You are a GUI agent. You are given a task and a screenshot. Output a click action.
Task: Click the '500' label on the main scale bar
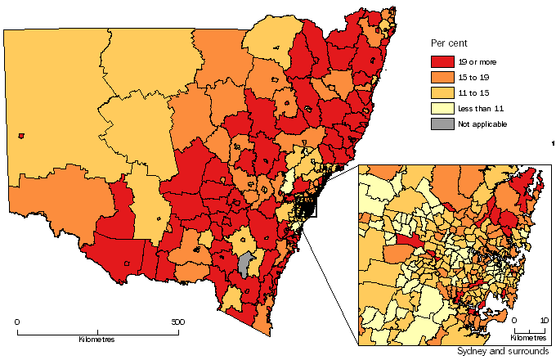[x=177, y=322]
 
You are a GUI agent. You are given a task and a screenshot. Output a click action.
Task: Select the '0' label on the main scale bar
[x=18, y=322]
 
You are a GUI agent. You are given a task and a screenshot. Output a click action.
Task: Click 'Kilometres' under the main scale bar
[x=96, y=339]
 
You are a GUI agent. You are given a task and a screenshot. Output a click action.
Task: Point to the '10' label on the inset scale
[x=544, y=321]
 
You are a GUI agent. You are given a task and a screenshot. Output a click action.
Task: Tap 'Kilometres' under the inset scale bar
[x=528, y=338]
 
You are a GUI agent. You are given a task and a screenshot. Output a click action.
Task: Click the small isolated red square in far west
[x=20, y=136]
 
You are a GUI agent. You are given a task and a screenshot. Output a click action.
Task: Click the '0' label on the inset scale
[x=513, y=321]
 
